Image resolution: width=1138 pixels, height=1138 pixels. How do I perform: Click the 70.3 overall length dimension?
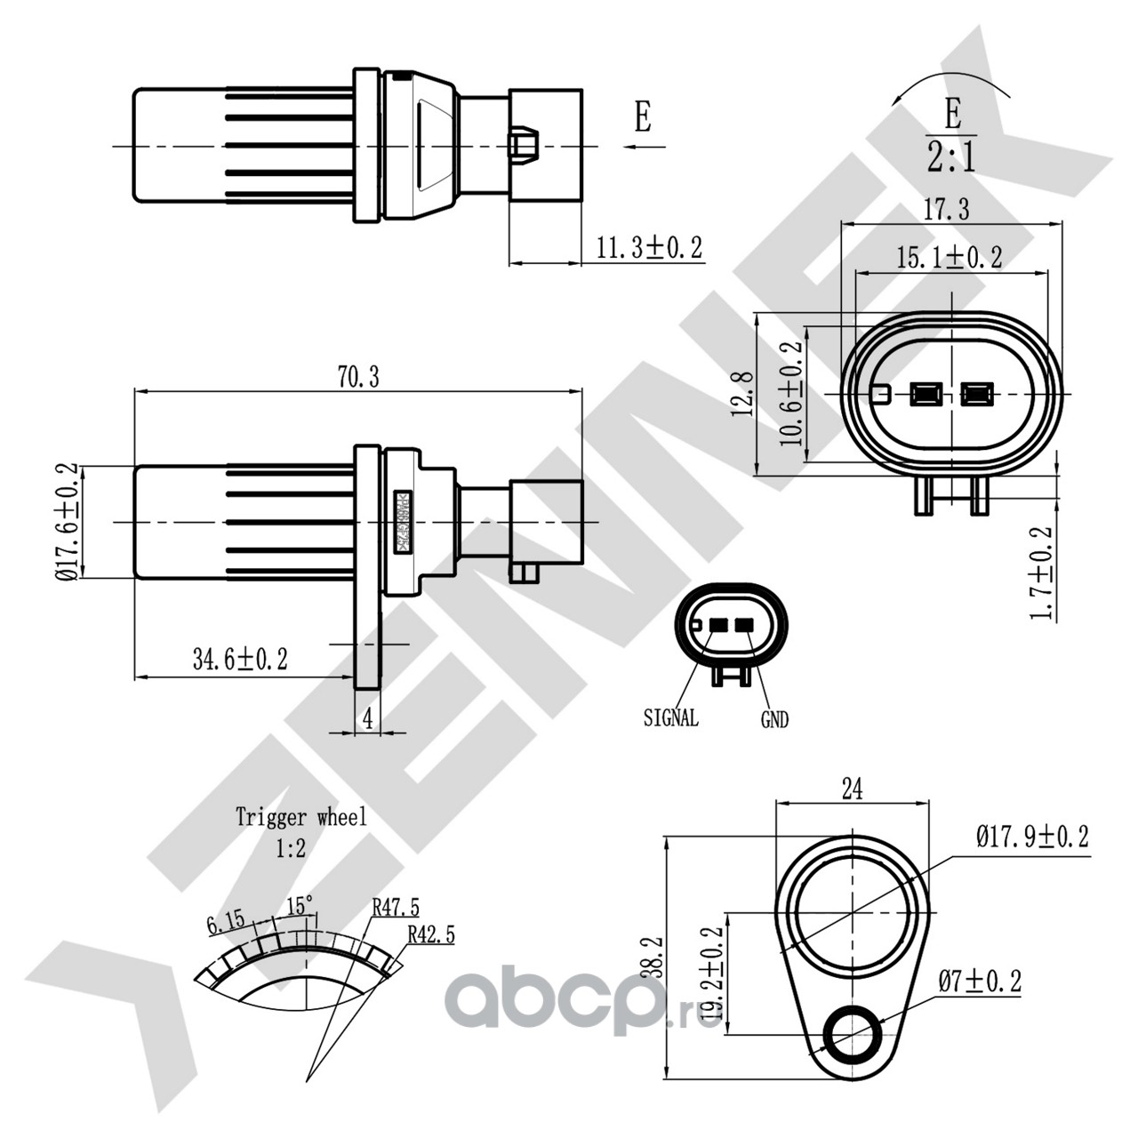coord(358,377)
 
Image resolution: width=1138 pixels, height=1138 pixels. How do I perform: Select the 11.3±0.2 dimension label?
coord(649,248)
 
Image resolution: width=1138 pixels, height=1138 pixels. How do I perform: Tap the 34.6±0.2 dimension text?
coord(240,659)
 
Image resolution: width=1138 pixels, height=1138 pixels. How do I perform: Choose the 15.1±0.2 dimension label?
coord(949,258)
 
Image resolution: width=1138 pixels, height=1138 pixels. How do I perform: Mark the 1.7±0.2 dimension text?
coord(1041,573)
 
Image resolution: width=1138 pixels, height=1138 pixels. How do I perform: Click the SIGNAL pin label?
coord(670,717)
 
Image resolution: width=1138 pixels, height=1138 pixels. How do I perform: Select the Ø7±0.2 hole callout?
coord(980,982)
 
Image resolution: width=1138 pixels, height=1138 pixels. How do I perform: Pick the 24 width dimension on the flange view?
coord(852,789)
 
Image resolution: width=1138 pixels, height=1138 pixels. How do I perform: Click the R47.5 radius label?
coord(396,907)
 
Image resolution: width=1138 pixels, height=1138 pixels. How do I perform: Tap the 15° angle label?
coord(300,906)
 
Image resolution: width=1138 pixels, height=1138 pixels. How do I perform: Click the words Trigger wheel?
coord(301,817)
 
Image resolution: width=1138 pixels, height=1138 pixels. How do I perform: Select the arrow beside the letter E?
coord(642,146)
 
